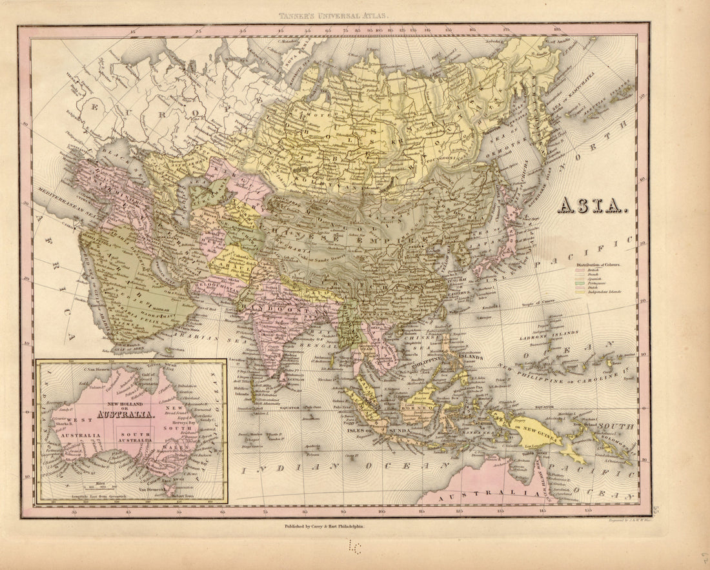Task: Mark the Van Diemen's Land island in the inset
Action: click(x=170, y=492)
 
